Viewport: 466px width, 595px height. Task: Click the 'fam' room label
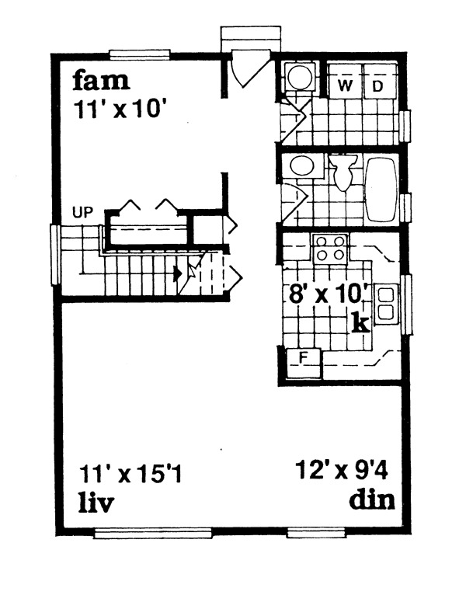tap(101, 81)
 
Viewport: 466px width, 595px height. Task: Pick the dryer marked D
tap(377, 85)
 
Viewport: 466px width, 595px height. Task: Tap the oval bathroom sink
tap(298, 165)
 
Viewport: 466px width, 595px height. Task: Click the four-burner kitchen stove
tap(329, 249)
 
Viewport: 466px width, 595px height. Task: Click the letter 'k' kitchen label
tap(360, 323)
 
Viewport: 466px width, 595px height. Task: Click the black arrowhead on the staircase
tap(179, 273)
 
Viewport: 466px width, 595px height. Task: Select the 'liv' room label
tap(96, 503)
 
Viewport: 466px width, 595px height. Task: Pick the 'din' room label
tap(371, 499)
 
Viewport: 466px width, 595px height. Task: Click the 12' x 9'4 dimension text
tap(344, 470)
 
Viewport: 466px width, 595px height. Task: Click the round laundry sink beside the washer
tap(299, 76)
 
